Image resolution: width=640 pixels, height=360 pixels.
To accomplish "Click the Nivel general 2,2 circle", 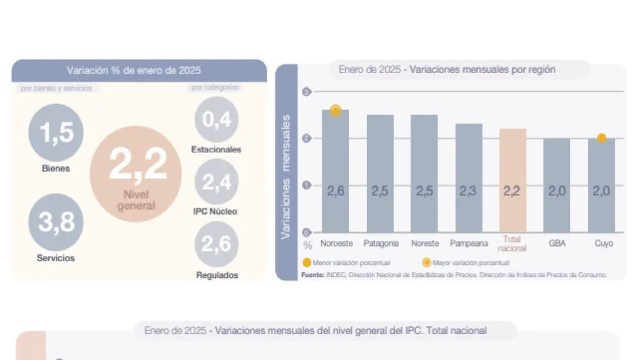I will tap(135, 173).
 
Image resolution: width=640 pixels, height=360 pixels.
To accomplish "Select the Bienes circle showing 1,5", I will tap(56, 132).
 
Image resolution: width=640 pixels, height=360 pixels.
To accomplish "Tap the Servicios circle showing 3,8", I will tap(56, 222).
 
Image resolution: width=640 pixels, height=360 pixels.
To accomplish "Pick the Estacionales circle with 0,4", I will tap(216, 119).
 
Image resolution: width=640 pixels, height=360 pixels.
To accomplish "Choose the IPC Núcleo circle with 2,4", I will tap(216, 182).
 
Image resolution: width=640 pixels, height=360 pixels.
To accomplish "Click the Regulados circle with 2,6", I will tap(216, 244).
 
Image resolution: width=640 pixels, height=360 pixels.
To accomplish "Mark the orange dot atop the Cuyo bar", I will tap(601, 138).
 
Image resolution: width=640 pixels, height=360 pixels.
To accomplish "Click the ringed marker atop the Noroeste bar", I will tap(335, 110).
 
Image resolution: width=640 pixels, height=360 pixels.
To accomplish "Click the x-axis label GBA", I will tap(556, 243).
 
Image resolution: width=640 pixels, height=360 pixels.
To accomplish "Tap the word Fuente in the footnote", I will tap(312, 274).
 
